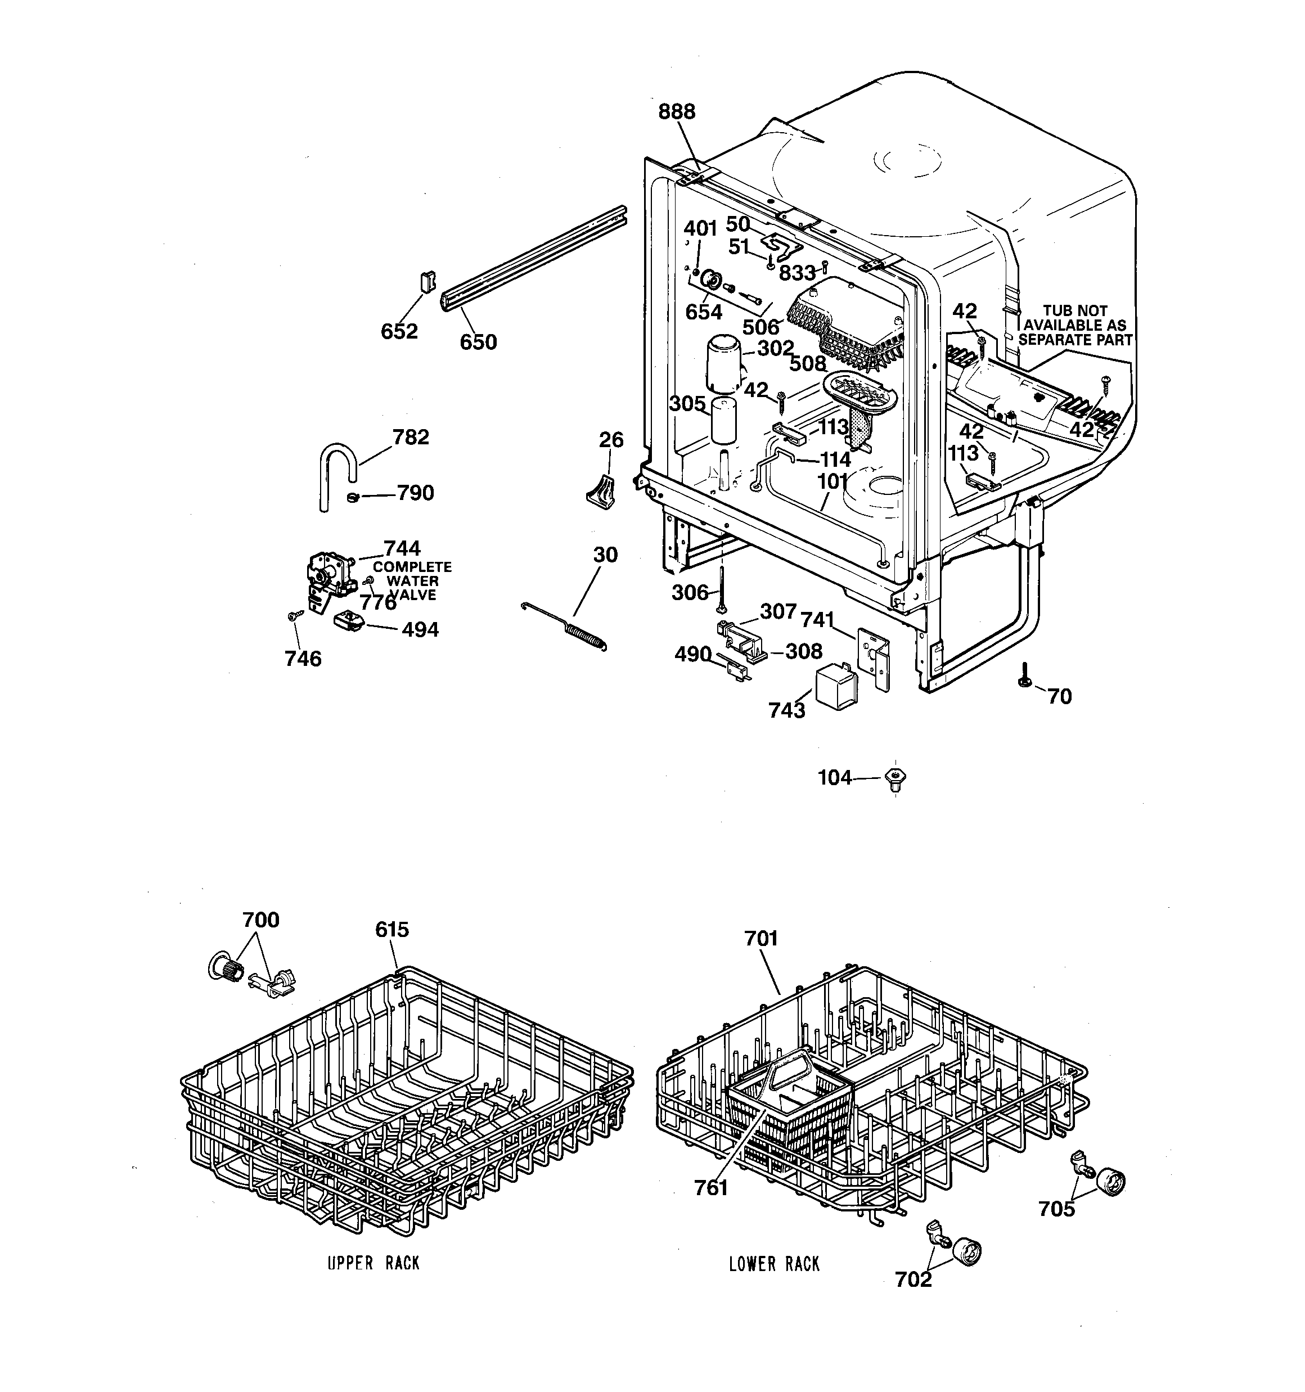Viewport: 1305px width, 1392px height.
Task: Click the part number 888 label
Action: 677,112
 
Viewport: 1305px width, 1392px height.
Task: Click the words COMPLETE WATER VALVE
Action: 412,581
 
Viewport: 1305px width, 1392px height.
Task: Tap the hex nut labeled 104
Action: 896,778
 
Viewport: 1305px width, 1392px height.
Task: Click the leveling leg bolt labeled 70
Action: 1023,677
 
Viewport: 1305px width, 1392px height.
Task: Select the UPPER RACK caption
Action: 373,1264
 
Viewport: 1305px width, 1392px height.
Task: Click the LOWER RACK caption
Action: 774,1264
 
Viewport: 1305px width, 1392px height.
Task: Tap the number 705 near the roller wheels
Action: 1056,1209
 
